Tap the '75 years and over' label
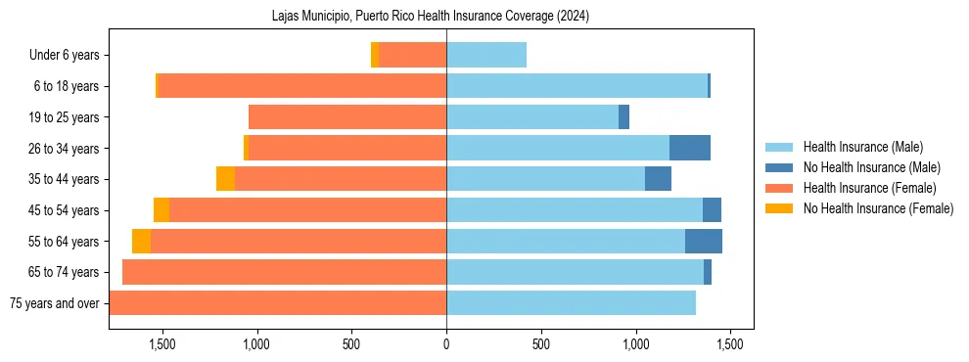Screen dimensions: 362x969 click(x=54, y=303)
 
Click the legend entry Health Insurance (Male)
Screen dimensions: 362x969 click(x=862, y=147)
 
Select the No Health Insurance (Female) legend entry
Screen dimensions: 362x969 click(x=878, y=208)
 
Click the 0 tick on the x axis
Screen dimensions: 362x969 click(x=446, y=344)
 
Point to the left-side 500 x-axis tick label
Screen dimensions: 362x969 click(x=351, y=344)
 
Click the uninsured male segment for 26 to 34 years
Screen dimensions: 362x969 click(x=690, y=149)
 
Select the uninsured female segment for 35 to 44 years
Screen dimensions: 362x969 click(x=225, y=179)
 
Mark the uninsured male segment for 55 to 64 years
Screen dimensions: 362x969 click(x=704, y=241)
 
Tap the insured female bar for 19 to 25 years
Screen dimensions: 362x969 click(x=347, y=117)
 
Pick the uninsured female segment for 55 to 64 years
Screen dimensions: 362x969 click(x=142, y=241)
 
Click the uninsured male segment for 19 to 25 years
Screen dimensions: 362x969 click(x=623, y=117)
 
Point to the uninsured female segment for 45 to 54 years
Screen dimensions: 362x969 click(x=161, y=210)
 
